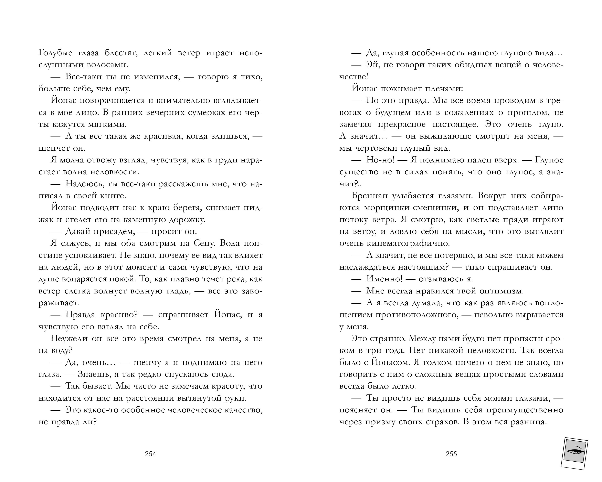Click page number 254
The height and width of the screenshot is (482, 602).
(150, 454)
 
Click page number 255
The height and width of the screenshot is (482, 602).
(451, 454)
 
